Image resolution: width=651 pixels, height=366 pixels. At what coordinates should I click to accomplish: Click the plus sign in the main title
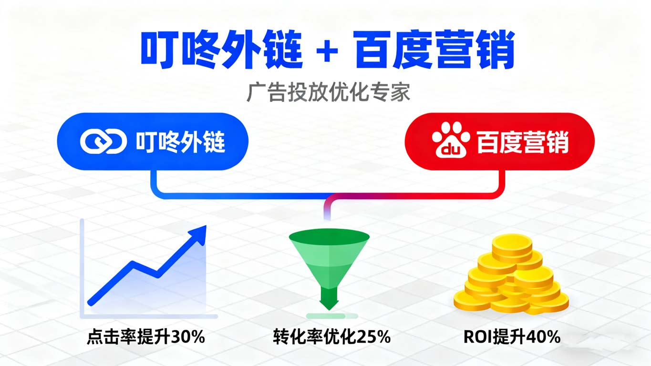(327, 51)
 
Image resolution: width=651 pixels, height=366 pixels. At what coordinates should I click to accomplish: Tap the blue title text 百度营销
(434, 50)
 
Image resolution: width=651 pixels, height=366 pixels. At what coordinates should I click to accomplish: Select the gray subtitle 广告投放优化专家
(328, 92)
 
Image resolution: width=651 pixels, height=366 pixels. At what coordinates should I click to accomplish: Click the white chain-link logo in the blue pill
(103, 141)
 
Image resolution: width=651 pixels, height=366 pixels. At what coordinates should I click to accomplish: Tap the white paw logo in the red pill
(451, 140)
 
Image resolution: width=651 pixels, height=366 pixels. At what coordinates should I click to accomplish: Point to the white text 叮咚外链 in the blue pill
(180, 142)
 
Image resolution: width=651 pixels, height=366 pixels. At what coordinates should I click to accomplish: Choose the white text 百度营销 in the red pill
(522, 142)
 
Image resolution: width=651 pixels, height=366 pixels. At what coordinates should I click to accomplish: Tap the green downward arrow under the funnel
(329, 298)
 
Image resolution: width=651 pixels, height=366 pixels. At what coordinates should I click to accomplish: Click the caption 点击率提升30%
(146, 337)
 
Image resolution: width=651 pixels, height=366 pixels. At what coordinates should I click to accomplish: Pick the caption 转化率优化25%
(331, 337)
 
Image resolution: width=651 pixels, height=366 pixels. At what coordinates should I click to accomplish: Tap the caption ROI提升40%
(512, 337)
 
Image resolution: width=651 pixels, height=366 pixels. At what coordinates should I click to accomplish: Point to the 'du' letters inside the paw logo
(451, 149)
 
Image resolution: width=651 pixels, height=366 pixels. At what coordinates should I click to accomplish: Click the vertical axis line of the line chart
(82, 268)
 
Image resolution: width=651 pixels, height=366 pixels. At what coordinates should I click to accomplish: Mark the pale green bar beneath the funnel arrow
(332, 316)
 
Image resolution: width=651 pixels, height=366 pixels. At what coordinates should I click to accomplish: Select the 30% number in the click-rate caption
(188, 337)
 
